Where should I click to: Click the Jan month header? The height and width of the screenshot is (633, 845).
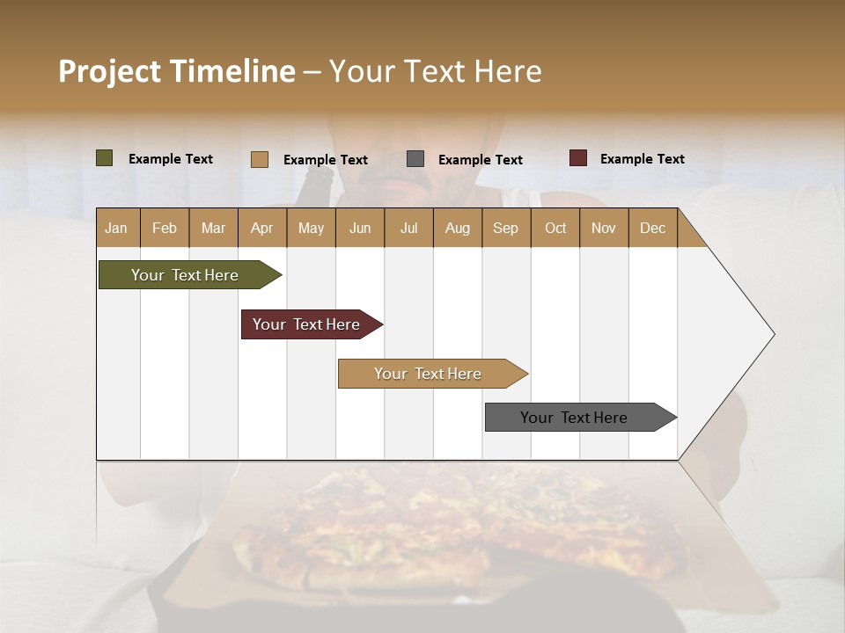tap(116, 228)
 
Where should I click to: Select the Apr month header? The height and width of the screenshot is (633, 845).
tap(262, 228)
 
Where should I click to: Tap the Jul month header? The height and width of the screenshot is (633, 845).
tap(408, 228)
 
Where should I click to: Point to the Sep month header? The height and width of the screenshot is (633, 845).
tap(505, 228)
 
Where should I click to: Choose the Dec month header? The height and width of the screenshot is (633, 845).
tap(652, 228)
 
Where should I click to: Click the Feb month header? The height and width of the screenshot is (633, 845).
tap(165, 228)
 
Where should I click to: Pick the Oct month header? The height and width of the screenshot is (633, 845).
tap(555, 228)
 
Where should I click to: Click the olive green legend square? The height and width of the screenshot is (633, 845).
tap(105, 158)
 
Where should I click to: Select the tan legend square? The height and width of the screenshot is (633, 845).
tap(260, 159)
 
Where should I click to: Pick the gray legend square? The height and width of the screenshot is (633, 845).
tap(415, 159)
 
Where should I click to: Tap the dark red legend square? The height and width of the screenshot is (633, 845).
tap(577, 158)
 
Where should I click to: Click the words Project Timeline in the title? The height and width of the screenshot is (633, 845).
tap(177, 71)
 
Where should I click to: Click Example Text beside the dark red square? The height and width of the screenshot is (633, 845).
tap(642, 159)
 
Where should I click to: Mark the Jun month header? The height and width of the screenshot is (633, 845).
tap(360, 228)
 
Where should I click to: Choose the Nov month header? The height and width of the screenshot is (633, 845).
tap(604, 228)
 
